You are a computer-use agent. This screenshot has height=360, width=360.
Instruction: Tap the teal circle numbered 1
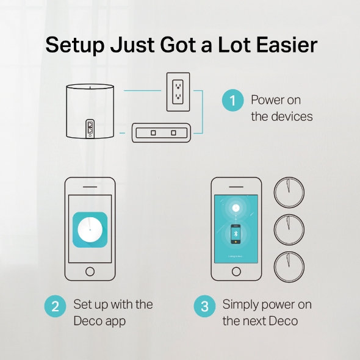click(x=232, y=101)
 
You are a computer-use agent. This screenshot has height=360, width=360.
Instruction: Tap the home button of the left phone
click(x=90, y=271)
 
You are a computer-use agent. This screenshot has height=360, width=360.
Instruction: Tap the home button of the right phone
click(x=236, y=271)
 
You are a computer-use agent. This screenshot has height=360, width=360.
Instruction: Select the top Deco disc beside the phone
click(x=289, y=192)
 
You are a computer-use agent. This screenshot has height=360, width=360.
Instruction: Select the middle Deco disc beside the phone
click(x=289, y=229)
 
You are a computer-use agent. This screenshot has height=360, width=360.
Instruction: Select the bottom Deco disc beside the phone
click(x=289, y=267)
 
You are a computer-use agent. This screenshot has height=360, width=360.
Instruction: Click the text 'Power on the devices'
click(x=281, y=107)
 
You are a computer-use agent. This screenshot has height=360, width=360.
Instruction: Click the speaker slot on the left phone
click(x=90, y=186)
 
